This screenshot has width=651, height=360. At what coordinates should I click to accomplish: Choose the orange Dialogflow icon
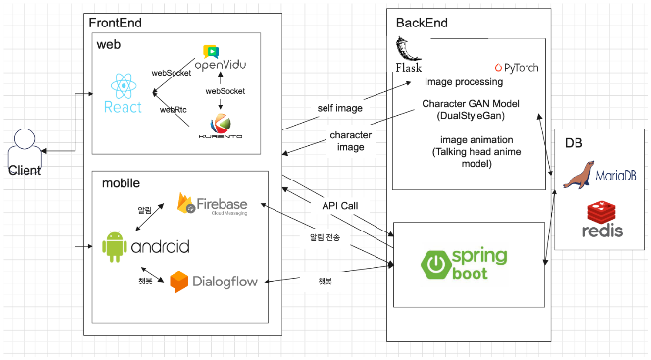178,282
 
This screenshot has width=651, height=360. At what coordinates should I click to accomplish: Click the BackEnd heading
424,23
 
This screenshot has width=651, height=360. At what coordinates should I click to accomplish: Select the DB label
574,143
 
